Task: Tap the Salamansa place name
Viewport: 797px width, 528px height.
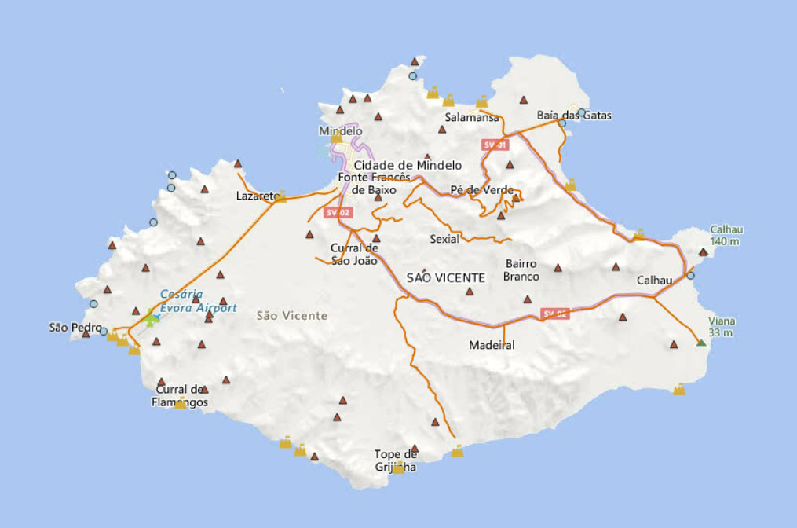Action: coord(472,117)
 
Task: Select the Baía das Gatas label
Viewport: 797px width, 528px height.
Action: coord(574,115)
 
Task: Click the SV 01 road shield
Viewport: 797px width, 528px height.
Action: coord(495,145)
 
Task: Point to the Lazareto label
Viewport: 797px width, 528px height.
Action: coord(258,196)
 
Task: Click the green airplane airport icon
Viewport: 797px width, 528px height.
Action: coord(151,319)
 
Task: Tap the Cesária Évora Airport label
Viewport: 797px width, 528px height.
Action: coord(198,301)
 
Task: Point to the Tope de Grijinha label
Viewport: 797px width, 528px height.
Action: coord(395,460)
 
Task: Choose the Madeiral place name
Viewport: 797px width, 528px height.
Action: coord(492,345)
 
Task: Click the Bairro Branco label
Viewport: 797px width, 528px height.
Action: coord(521,270)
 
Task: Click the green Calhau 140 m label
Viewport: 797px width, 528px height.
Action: coord(726,236)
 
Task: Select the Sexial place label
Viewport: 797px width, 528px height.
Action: coord(444,239)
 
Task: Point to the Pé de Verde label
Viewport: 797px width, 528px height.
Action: coord(482,190)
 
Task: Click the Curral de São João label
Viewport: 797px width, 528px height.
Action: coord(354,255)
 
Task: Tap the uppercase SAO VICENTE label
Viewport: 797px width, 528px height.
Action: coord(446,277)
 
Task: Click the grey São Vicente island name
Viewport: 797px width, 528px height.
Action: coord(291,315)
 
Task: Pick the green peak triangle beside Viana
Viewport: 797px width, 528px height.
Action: coord(700,343)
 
